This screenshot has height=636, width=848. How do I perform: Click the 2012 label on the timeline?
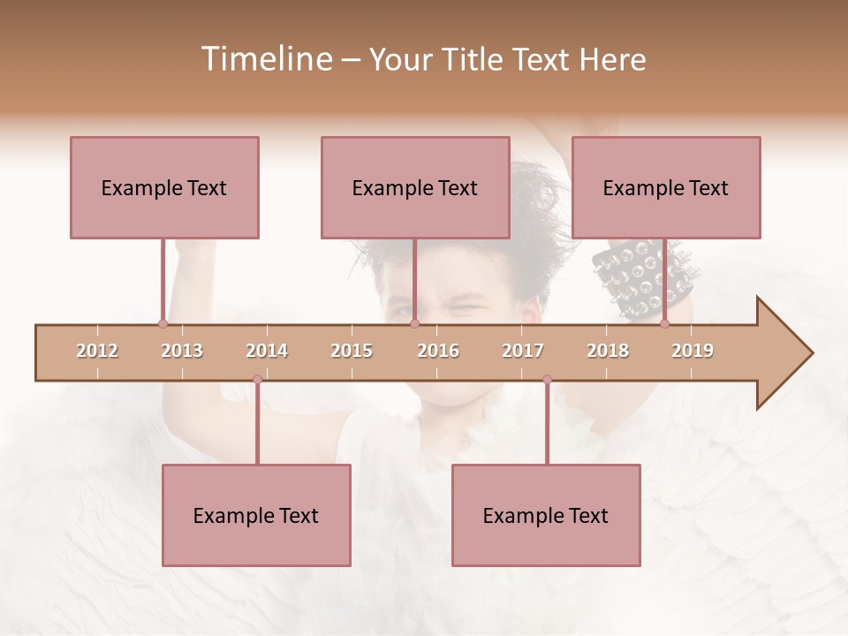97,351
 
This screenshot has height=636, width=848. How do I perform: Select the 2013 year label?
182,351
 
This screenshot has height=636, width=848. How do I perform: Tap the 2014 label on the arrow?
267,351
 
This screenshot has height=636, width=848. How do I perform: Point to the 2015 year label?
352,351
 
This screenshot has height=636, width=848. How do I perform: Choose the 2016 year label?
438,351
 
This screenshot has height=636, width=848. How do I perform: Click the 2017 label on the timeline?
523,351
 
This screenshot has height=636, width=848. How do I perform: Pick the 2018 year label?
608,351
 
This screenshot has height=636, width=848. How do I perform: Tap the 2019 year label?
693,351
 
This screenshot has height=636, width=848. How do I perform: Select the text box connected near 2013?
164,187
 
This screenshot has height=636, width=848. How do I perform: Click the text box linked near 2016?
415,187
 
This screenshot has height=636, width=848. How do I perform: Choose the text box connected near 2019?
666,187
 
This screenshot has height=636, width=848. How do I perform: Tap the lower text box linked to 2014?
256,515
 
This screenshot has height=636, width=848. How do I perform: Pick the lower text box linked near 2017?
546,515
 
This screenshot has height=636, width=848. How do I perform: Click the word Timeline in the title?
265,59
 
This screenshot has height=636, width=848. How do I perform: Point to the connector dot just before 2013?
163,323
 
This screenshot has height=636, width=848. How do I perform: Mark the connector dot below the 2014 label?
257,380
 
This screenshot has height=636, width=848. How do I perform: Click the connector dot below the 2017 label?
547,380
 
